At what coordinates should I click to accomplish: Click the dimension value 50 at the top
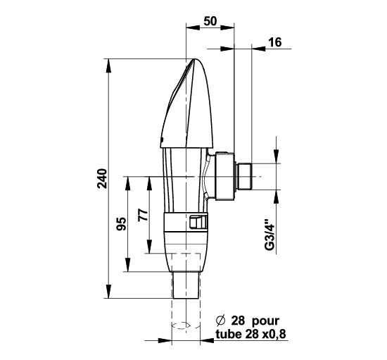click(x=210, y=21)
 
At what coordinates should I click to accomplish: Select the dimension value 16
click(x=274, y=42)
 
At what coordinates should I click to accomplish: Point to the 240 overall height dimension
click(x=102, y=178)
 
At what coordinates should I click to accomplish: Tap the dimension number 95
click(x=121, y=224)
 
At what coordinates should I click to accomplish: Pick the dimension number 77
click(x=143, y=215)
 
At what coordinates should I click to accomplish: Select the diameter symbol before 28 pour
click(x=221, y=321)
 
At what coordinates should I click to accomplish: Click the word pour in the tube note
click(x=265, y=321)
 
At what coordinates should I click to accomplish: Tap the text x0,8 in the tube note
click(x=274, y=335)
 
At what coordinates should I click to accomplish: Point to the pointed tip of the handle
click(x=194, y=59)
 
